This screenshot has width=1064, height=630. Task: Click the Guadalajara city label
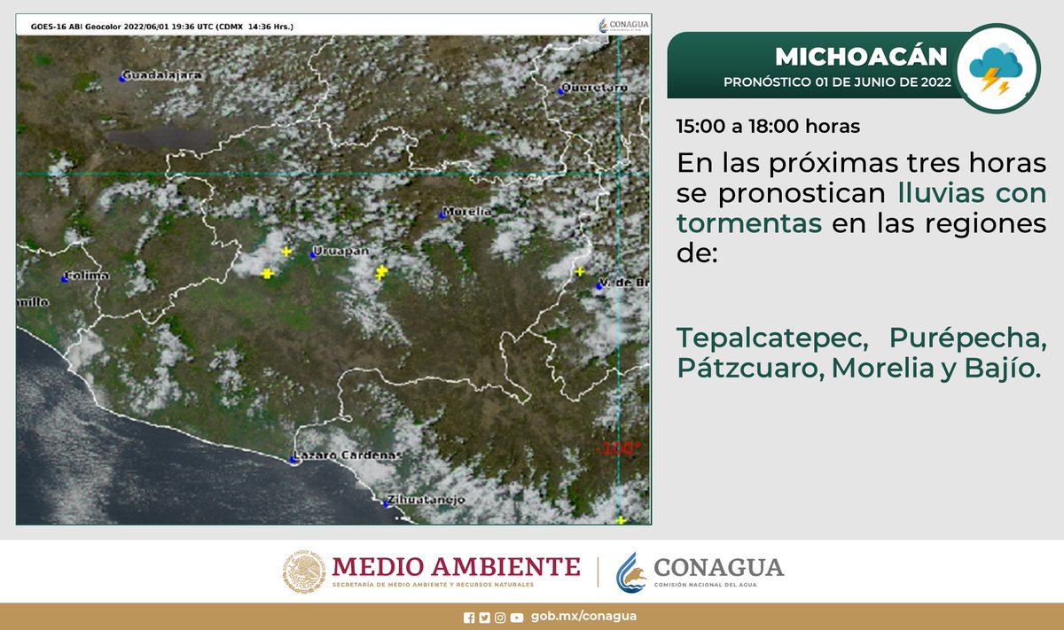pyautogui.click(x=163, y=76)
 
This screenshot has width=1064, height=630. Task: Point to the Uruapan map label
pyautogui.click(x=343, y=253)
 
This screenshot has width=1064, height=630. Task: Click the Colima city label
pyautogui.click(x=89, y=276)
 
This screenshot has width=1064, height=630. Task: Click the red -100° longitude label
pyautogui.click(x=620, y=448)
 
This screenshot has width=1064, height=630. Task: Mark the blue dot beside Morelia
pyautogui.click(x=442, y=214)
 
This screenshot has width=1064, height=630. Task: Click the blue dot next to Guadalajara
pyautogui.click(x=122, y=79)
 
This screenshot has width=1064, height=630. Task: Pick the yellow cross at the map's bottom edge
pyautogui.click(x=621, y=520)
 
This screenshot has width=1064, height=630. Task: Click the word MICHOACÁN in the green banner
pyautogui.click(x=861, y=57)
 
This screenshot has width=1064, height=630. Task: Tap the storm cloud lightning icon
pyautogui.click(x=997, y=69)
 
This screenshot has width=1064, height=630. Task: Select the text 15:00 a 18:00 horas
pyautogui.click(x=768, y=126)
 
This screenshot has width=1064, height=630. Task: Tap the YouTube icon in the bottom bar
pyautogui.click(x=516, y=618)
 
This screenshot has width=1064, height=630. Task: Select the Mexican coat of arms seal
pyautogui.click(x=305, y=572)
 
